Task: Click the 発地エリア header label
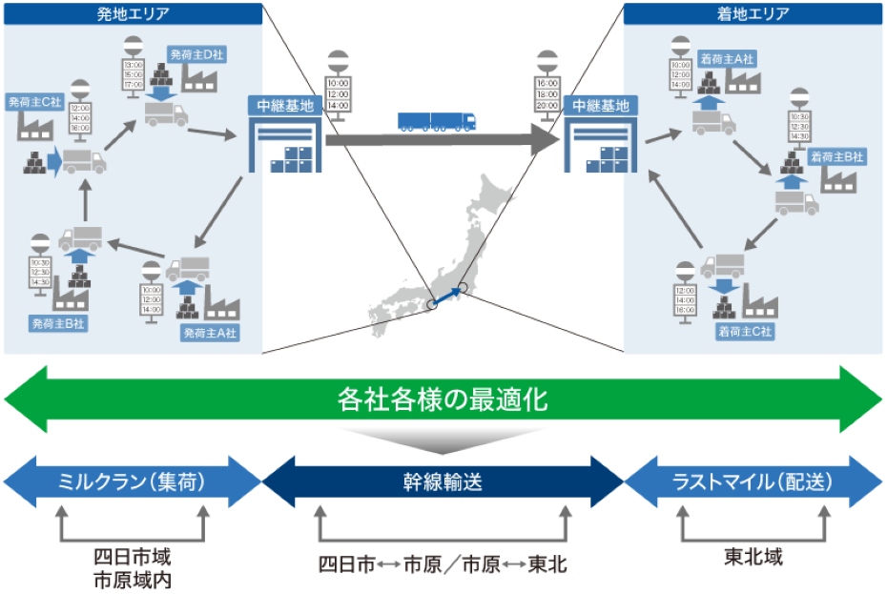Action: [133, 14]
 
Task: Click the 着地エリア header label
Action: [753, 14]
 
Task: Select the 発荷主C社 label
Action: [33, 100]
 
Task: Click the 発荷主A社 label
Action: [210, 333]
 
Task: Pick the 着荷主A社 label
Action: [726, 56]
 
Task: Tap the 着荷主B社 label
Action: [836, 156]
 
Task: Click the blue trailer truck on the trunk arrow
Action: [436, 121]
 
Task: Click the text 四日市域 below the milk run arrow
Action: [133, 556]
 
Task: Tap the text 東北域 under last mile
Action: [753, 557]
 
